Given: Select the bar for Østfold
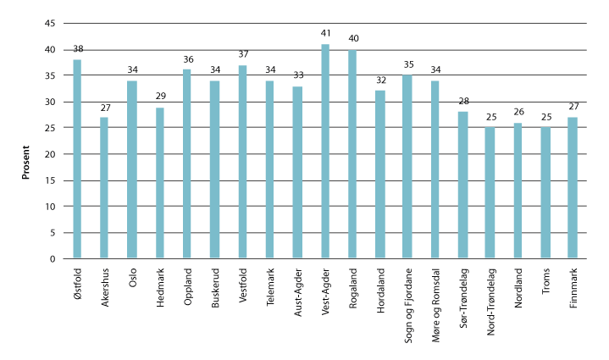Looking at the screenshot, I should (77, 158).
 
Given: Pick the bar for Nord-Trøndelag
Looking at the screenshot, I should (490, 193).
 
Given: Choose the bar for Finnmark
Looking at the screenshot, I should (573, 188).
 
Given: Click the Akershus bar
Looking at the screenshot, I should (104, 188).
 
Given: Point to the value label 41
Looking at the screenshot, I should (325, 36).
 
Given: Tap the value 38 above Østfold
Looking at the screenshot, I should (77, 50).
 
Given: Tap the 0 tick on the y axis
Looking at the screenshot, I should (53, 258).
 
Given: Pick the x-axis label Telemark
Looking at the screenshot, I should (271, 286).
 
